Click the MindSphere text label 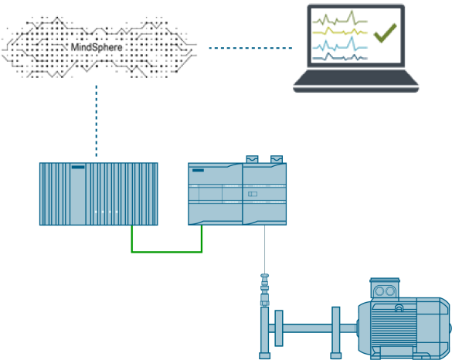(97, 47)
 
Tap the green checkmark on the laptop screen (385, 33)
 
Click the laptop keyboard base (355, 81)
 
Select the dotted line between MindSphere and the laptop (250, 48)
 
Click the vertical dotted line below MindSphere (97, 121)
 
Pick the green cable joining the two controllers (167, 252)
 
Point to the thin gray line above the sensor (264, 250)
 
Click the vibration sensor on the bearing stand (264, 290)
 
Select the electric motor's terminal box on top (385, 287)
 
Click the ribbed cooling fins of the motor (393, 328)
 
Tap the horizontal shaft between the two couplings (308, 328)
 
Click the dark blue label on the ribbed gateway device (78, 167)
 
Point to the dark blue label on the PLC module (198, 170)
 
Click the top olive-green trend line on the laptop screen (340, 19)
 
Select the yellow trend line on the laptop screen (340, 31)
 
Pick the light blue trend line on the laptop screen (340, 45)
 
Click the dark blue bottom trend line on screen (340, 57)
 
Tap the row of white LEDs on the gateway (106, 212)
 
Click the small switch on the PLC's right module (252, 194)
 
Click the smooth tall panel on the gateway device (78, 194)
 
